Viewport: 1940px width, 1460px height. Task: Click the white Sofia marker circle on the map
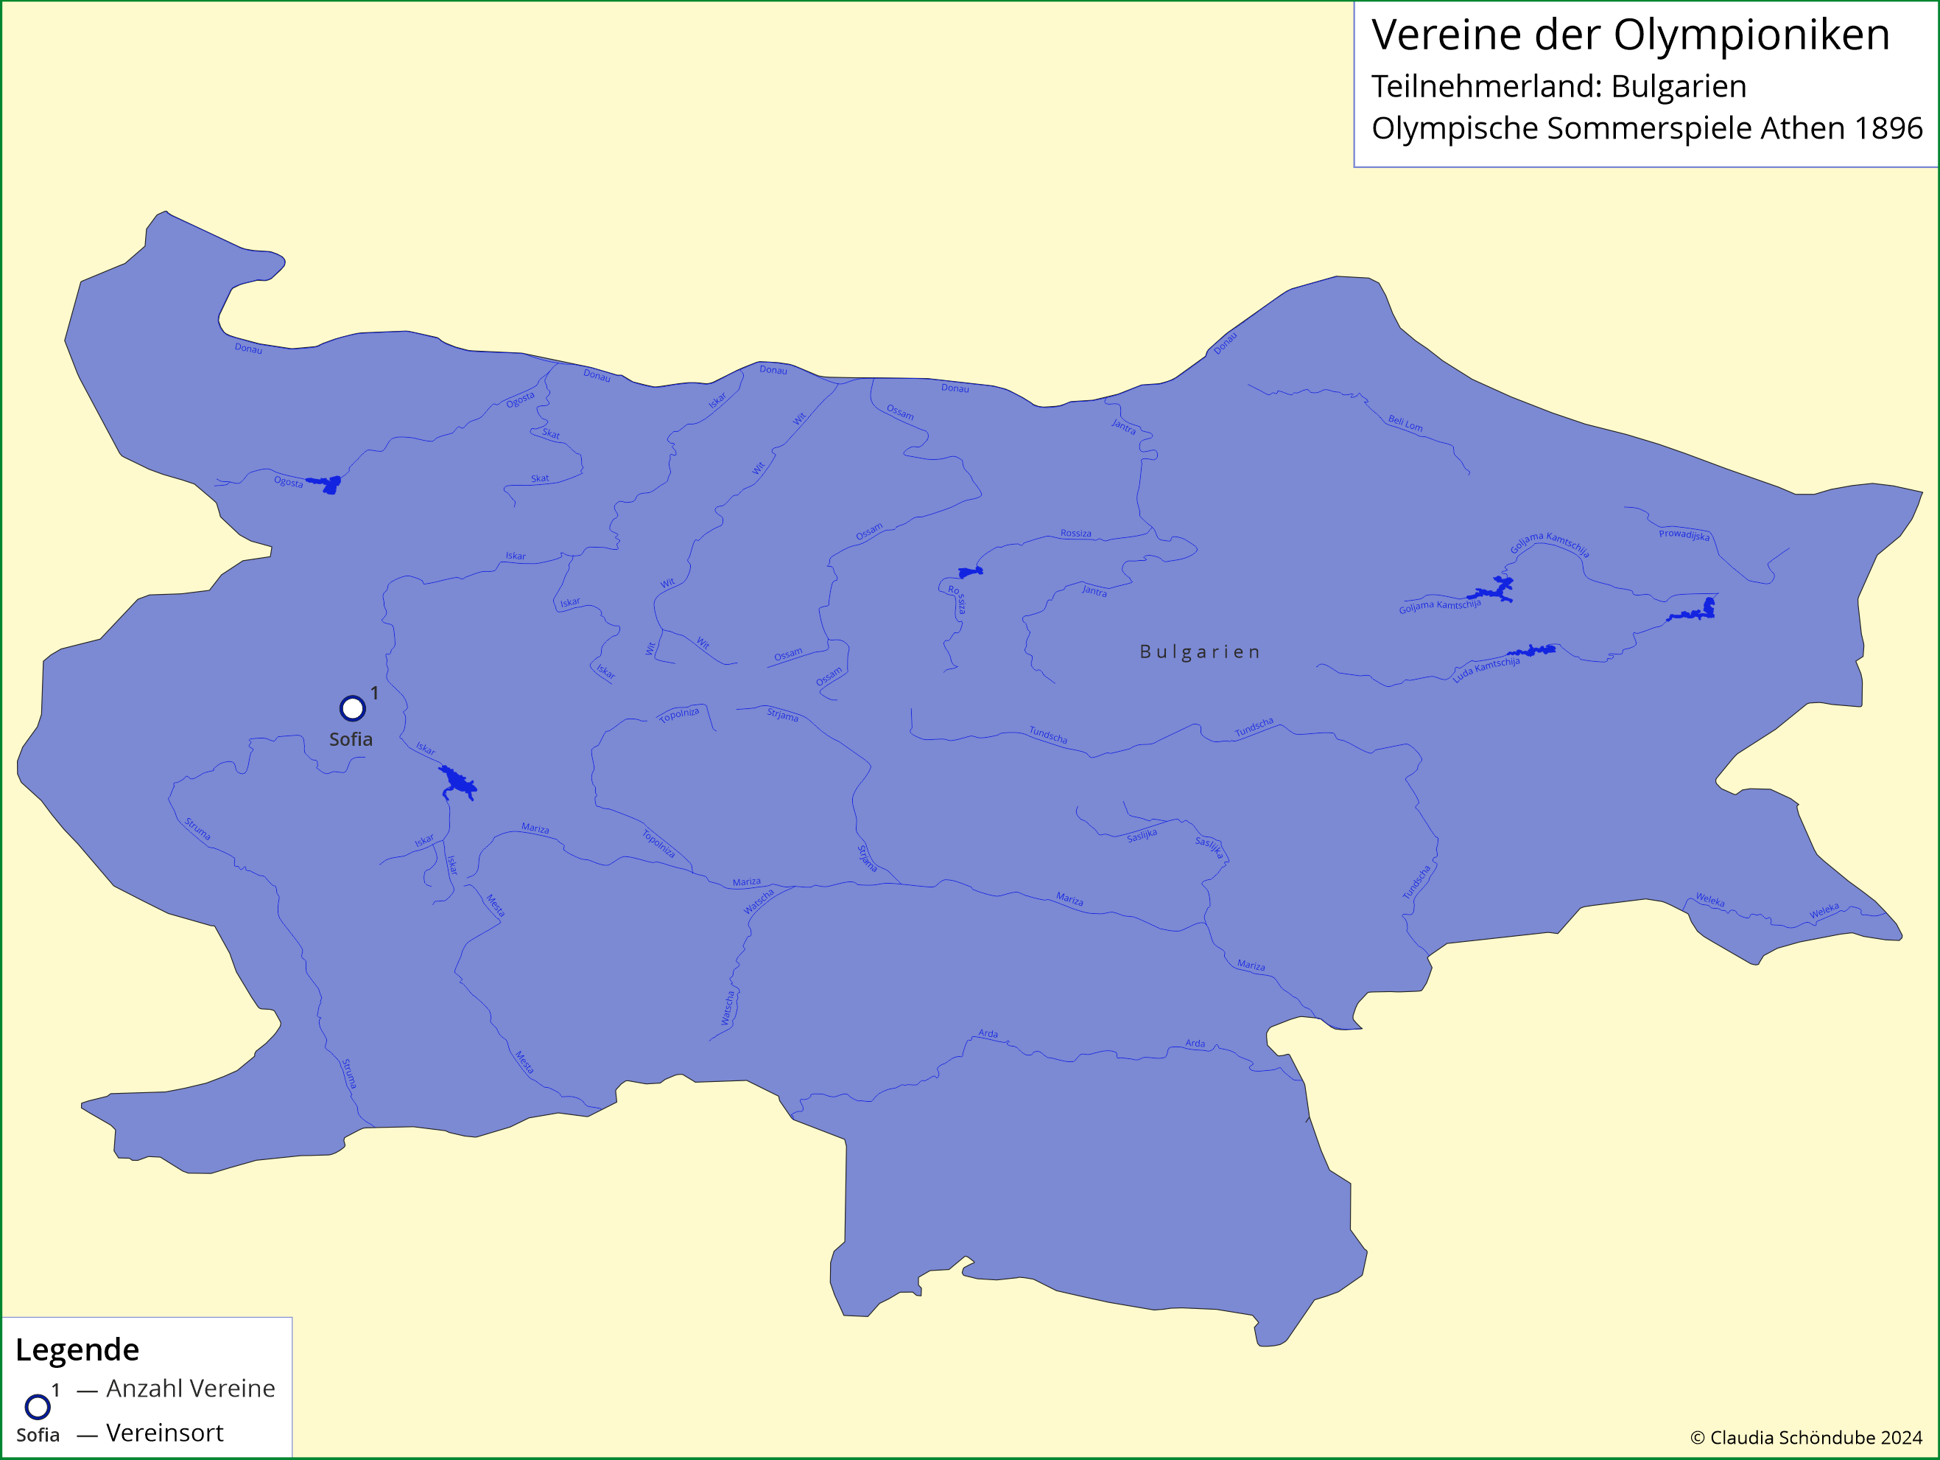(x=353, y=708)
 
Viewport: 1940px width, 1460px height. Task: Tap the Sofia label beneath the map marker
(x=351, y=740)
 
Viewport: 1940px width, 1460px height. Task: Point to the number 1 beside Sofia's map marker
(x=374, y=693)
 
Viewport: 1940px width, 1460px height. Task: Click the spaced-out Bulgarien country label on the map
(x=1200, y=652)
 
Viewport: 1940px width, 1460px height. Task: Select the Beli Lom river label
(x=1405, y=424)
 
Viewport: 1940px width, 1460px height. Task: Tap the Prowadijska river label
(x=1684, y=534)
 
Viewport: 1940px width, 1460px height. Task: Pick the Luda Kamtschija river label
(x=1486, y=669)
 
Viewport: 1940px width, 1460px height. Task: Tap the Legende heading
(x=77, y=1349)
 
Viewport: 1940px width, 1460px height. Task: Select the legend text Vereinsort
(x=165, y=1433)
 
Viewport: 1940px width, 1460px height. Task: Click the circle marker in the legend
(x=38, y=1406)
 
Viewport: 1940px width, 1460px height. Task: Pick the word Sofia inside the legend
(x=38, y=1436)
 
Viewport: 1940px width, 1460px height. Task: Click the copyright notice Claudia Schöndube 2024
(x=1806, y=1437)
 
